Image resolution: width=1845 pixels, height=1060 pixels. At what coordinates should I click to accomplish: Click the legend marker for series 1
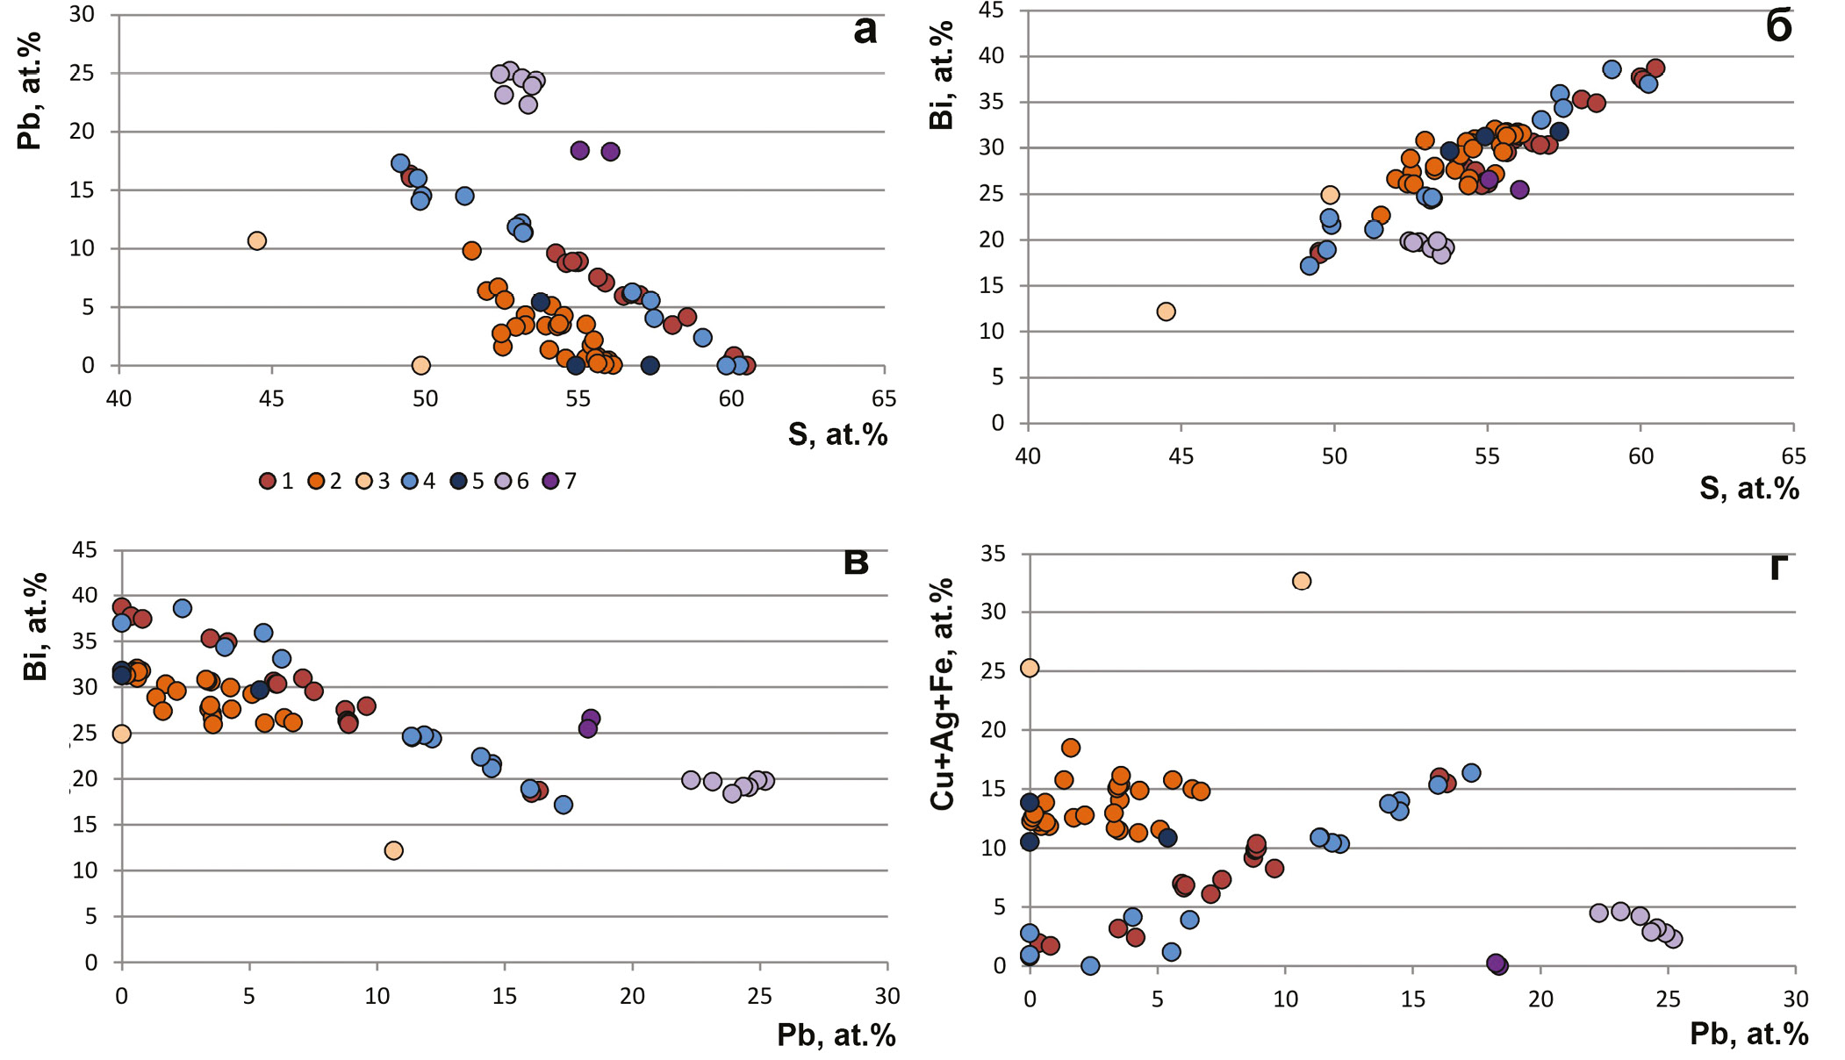tap(268, 481)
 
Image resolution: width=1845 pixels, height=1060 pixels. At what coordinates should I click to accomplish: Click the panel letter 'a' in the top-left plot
tap(865, 31)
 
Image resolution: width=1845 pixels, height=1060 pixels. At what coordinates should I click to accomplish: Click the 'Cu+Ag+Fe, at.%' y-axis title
tap(943, 693)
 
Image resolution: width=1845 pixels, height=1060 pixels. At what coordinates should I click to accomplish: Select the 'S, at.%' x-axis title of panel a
tap(837, 434)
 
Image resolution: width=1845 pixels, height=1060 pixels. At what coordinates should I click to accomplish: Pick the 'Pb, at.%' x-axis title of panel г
tap(1748, 1035)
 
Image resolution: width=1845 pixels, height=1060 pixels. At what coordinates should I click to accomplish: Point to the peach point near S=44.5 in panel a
tap(256, 240)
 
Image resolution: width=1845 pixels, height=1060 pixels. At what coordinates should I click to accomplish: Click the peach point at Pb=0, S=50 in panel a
tap(420, 365)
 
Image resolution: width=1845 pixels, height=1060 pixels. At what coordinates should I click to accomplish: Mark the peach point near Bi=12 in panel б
tap(1166, 312)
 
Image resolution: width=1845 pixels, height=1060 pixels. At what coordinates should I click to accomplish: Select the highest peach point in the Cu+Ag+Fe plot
tap(1302, 581)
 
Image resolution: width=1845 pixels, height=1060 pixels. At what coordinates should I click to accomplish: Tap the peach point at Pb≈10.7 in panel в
tap(394, 850)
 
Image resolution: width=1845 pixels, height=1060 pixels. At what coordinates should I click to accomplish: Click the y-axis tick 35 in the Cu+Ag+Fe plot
tap(994, 554)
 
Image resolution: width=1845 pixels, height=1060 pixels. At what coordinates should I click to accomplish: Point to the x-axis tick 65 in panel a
tap(884, 399)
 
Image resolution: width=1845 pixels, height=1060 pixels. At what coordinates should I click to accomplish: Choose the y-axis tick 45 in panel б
tap(993, 11)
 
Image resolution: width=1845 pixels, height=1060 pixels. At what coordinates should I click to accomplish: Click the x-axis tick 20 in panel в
tap(632, 996)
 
